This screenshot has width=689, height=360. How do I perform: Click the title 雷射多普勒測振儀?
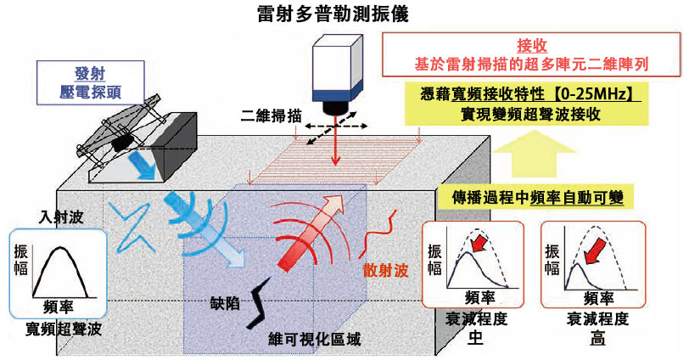(333, 14)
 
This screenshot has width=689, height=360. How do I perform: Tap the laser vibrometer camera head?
(338, 75)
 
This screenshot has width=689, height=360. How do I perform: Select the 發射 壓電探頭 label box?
(91, 82)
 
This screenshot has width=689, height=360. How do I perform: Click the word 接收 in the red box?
(532, 46)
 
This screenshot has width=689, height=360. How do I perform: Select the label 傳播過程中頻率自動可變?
(537, 197)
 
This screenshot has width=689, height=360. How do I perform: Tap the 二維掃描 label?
(271, 115)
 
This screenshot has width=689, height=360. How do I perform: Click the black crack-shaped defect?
(257, 303)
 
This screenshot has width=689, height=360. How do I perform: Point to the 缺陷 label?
(225, 303)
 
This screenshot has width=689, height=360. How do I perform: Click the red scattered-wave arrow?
(311, 233)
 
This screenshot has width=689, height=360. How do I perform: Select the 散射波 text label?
(385, 270)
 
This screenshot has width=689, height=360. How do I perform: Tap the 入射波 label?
(61, 217)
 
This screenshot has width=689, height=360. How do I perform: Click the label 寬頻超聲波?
(63, 329)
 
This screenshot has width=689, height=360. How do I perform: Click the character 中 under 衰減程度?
(476, 338)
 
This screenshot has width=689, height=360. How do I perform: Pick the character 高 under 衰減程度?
(597, 338)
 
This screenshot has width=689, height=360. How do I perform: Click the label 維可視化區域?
(314, 340)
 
